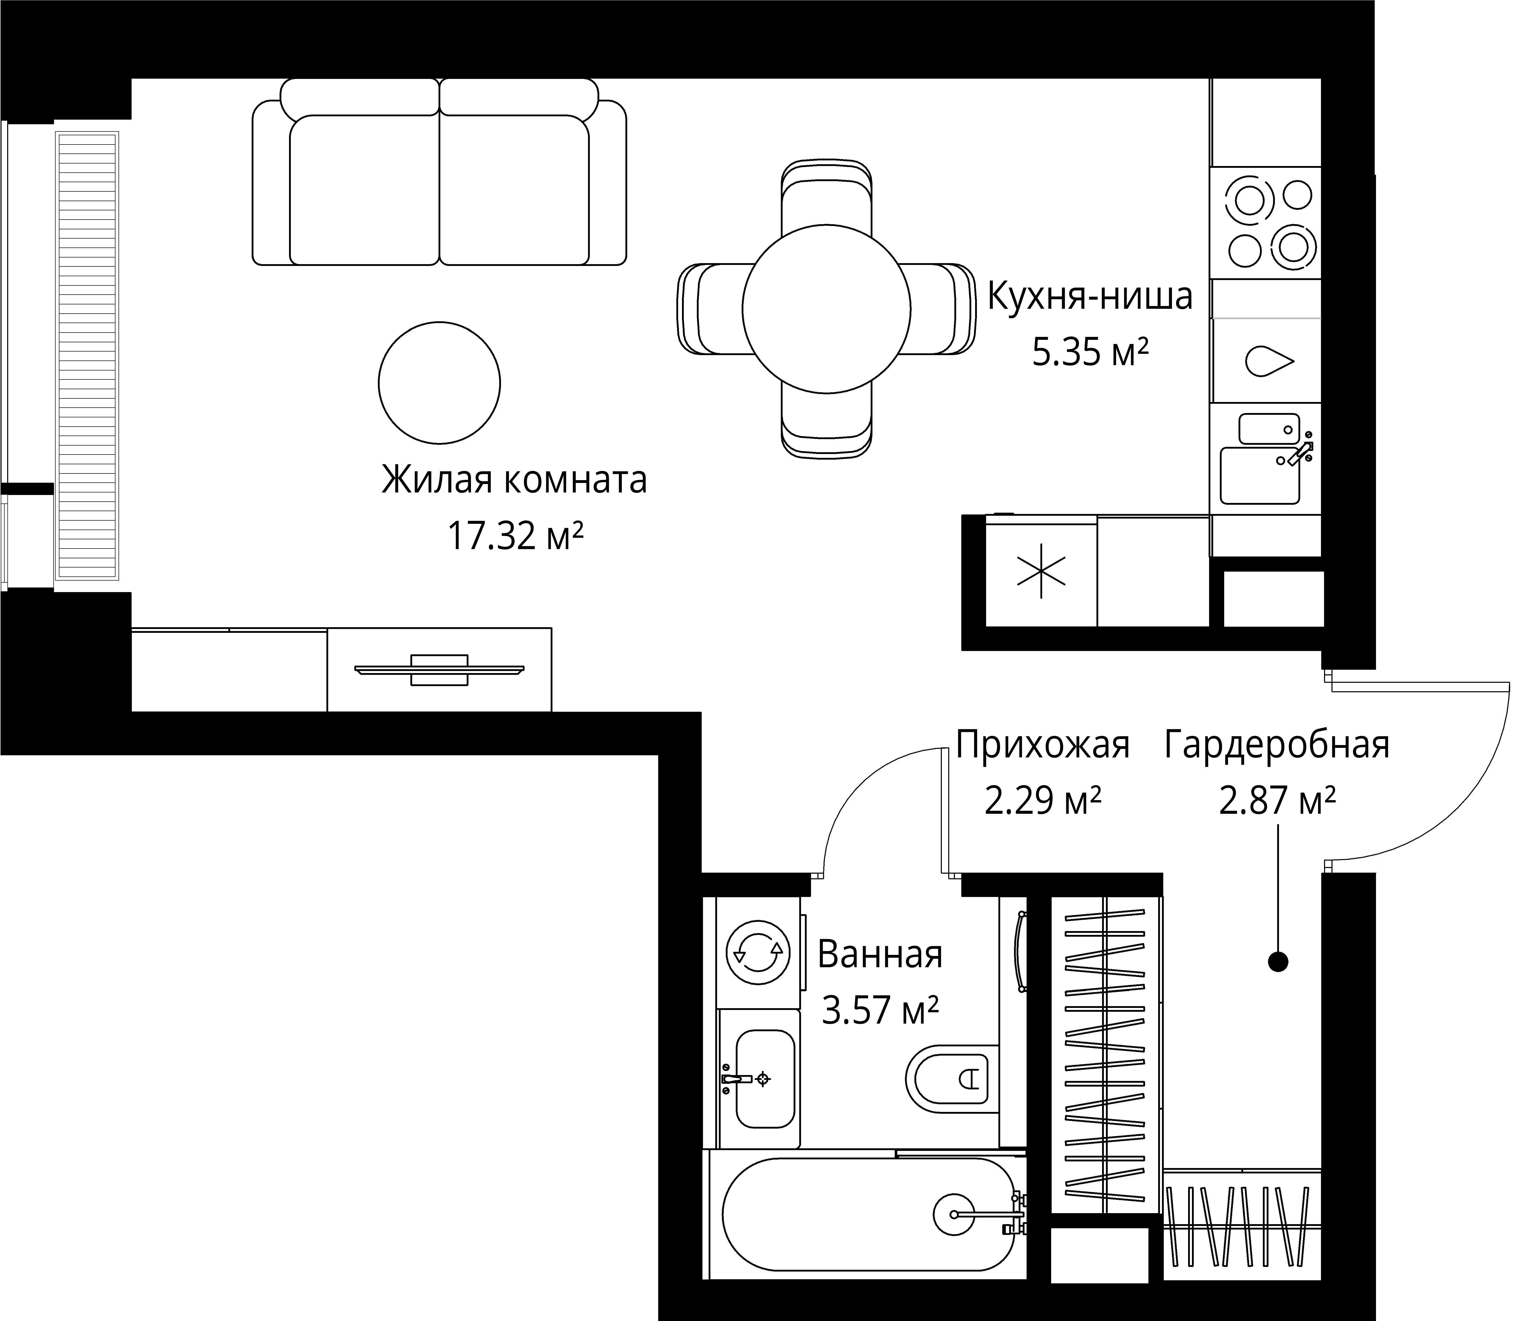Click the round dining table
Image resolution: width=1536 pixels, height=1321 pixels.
coord(827,309)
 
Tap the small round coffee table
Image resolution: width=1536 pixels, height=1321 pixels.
coord(439,383)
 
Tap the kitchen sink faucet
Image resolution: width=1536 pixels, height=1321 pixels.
coord(1299,451)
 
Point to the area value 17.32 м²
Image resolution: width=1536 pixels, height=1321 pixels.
coord(515,535)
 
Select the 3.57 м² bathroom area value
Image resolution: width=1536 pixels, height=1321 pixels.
coord(880,1009)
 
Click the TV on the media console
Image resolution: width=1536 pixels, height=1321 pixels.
coord(440,670)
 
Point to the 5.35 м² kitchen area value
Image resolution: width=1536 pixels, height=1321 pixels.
coord(1091,353)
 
